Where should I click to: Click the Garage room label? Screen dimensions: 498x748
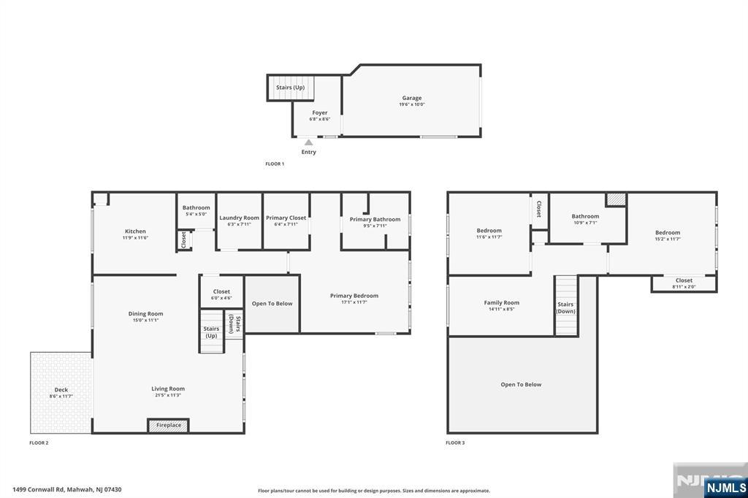point(412,98)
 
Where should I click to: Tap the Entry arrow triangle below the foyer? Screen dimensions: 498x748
point(309,142)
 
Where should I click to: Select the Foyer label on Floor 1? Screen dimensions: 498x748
point(320,112)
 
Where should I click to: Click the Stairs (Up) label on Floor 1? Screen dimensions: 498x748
point(290,88)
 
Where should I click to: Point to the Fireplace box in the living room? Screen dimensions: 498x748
point(169,425)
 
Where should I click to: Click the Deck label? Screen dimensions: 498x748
point(61,390)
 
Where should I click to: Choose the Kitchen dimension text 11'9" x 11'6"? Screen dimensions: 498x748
point(135,238)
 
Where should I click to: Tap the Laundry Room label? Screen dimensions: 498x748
point(239,218)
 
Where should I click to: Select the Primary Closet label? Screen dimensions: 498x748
point(286,218)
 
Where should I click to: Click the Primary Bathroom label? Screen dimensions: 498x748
point(375,219)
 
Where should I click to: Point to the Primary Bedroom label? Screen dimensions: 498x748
point(354,296)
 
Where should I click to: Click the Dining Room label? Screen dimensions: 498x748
point(146,314)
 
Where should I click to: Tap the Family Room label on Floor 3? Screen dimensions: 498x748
point(501,302)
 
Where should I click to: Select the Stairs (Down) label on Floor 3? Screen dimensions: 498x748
point(565,307)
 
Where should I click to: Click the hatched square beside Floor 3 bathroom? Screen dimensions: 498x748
point(616,199)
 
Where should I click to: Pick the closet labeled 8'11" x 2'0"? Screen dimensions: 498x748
point(684,283)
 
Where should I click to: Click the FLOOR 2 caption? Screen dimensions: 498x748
point(39,443)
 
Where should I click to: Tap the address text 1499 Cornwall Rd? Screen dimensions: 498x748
point(67,490)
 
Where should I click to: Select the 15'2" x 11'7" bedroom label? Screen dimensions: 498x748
point(668,235)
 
